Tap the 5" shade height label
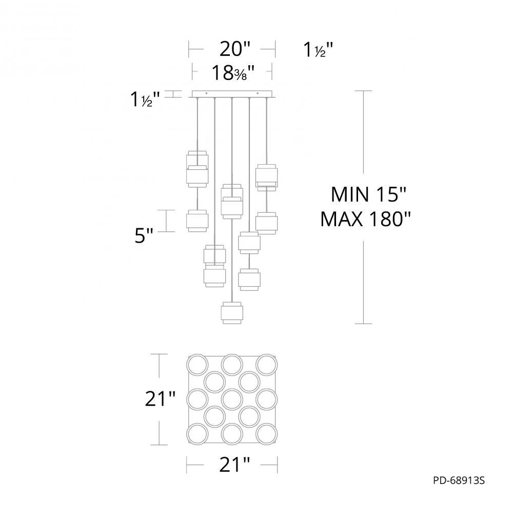click(144, 237)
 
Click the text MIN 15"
click(368, 195)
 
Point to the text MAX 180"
click(366, 220)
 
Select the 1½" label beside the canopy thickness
click(145, 99)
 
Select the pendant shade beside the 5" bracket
click(196, 221)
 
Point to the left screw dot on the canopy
click(206, 93)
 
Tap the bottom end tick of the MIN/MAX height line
click(364, 324)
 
